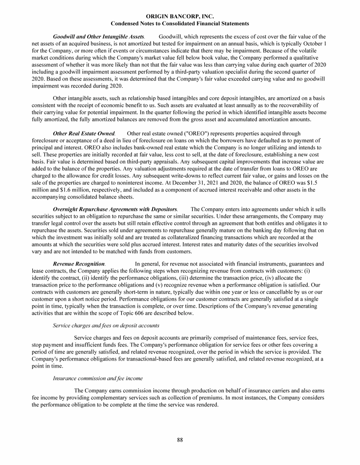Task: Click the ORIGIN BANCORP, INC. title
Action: pyautogui.click(x=180, y=16)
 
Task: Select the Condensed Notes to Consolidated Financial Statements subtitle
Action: pyautogui.click(x=180, y=23)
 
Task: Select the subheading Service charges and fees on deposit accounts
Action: pyautogui.click(x=106, y=325)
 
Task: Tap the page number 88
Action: pyautogui.click(x=180, y=439)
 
